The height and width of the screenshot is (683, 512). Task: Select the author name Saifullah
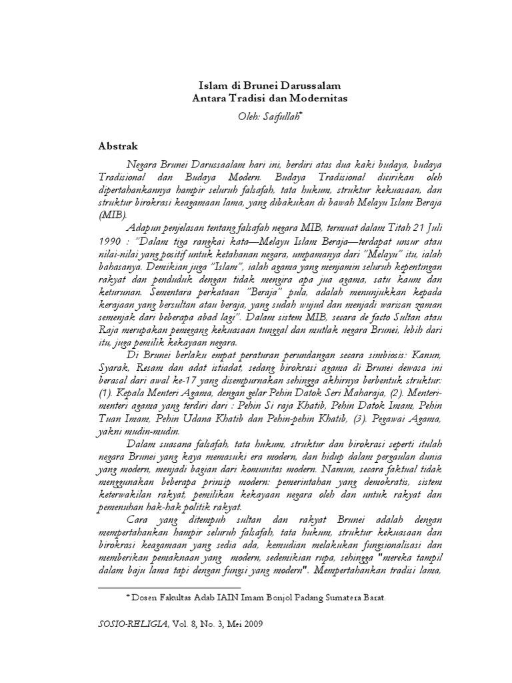pos(269,117)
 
